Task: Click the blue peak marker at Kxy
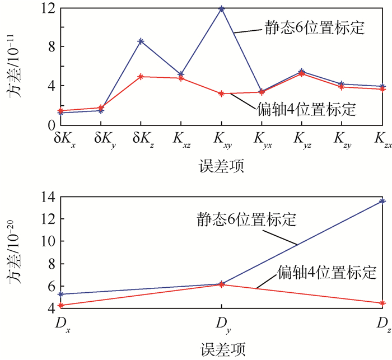pos(222,9)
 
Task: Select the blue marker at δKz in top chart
pos(141,41)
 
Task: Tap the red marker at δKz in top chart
pos(141,76)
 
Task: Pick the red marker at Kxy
pos(222,93)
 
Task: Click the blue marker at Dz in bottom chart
pos(382,200)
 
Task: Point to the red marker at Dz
pos(382,303)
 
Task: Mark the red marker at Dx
pos(60,305)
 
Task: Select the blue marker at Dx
pos(60,294)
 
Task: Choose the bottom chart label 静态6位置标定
pos(246,218)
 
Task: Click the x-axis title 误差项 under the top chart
pos(221,166)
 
